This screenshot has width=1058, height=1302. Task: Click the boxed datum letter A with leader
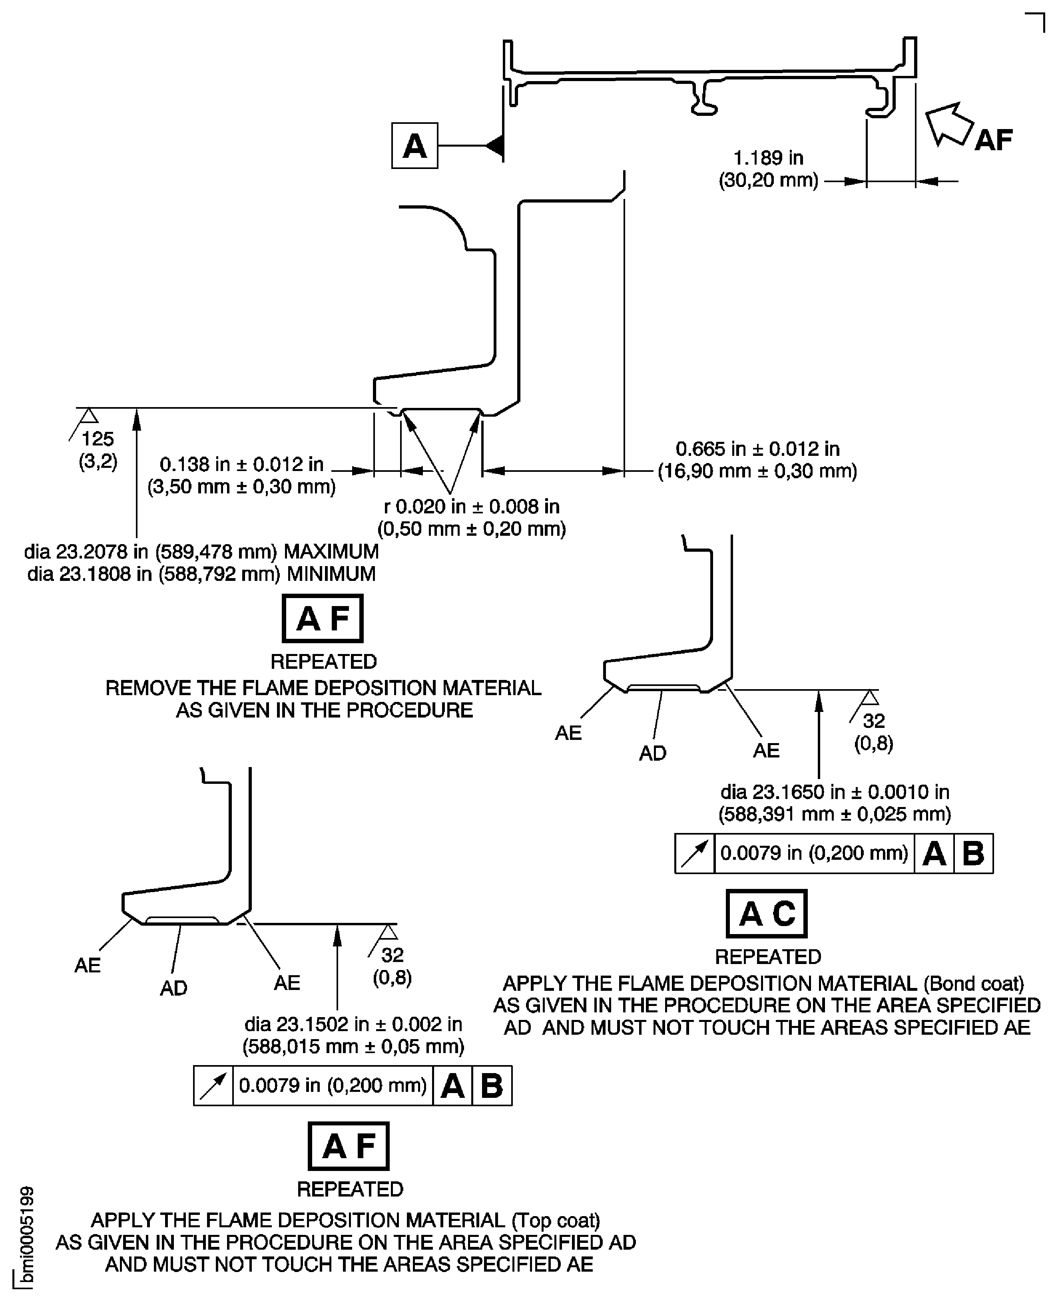click(414, 145)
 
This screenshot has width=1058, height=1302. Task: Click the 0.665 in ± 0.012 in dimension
click(757, 449)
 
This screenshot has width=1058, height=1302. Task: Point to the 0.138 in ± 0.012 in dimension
click(241, 464)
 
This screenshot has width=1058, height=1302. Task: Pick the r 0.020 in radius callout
click(471, 506)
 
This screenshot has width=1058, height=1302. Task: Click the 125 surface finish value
click(98, 439)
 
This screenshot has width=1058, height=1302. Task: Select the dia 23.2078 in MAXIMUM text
click(201, 551)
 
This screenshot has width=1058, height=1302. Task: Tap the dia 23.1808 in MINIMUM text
click(201, 574)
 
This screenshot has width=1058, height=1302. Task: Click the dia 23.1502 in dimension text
click(353, 1024)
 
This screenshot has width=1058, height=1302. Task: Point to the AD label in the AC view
click(652, 753)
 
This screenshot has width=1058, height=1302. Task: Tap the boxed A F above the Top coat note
click(349, 1146)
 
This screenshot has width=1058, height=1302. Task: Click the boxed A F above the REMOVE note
click(323, 618)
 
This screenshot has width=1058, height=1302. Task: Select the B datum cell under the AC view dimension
click(973, 854)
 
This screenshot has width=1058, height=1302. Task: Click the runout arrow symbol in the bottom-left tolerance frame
click(213, 1086)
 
